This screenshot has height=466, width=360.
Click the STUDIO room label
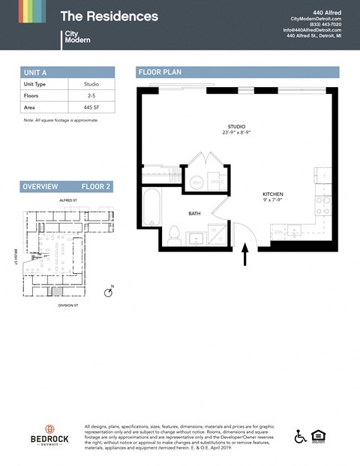(236, 126)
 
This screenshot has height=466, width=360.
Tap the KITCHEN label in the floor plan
(272, 194)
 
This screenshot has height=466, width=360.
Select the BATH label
(194, 214)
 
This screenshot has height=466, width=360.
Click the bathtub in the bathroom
(150, 206)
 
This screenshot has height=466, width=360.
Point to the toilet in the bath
(173, 234)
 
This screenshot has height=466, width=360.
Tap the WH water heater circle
(196, 182)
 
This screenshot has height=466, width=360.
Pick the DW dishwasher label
(277, 233)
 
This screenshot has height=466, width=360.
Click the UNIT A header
(36, 72)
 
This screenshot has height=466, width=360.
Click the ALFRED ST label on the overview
(68, 201)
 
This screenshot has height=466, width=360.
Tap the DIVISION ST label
(68, 305)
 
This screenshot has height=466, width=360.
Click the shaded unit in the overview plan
(57, 290)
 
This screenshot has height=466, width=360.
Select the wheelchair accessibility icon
(300, 436)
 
